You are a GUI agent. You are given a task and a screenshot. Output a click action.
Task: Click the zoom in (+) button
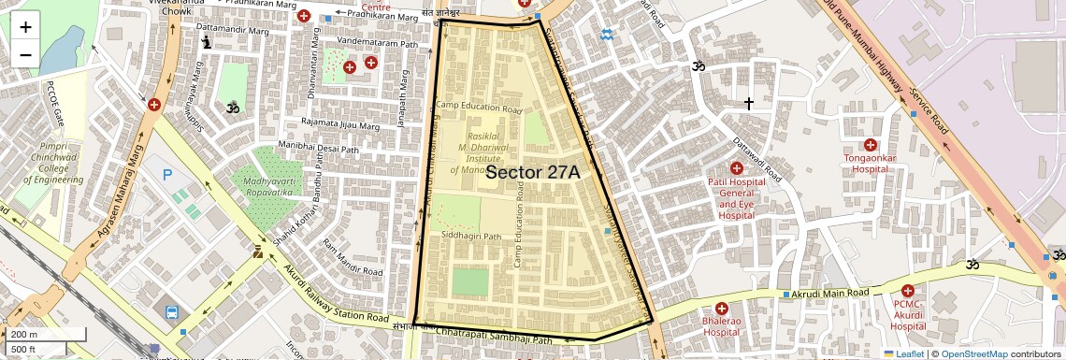tap(25, 27)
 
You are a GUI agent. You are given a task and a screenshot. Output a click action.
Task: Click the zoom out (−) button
tap(25, 54)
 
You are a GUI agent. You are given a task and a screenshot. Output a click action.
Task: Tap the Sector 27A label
tap(533, 173)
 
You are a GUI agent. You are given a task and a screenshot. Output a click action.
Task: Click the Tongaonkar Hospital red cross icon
tap(871, 144)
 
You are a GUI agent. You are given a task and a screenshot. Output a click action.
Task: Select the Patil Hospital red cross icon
tap(737, 167)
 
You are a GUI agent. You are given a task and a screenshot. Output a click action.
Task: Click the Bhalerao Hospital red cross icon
tap(721, 309)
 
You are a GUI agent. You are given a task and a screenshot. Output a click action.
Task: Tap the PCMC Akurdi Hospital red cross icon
tap(909, 291)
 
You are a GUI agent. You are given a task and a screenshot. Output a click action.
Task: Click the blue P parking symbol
tap(168, 175)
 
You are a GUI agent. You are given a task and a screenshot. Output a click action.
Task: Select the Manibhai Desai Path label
tap(319, 147)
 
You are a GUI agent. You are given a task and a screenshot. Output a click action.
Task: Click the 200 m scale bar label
tap(24, 335)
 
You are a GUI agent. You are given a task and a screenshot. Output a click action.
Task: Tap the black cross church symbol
tap(748, 102)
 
